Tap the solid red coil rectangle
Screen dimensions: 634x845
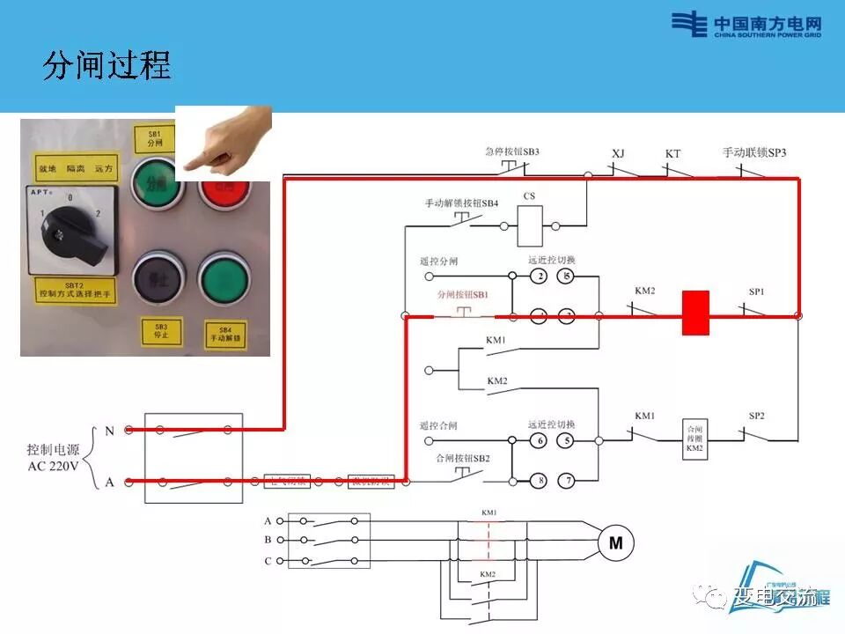click(695, 314)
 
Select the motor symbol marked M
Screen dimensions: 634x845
click(615, 543)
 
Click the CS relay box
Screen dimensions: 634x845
click(530, 225)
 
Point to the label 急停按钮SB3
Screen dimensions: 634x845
click(511, 151)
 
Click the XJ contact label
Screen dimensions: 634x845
click(618, 153)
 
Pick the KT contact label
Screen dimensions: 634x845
click(672, 153)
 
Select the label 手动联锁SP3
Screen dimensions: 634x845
click(754, 152)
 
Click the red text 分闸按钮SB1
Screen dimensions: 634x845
click(463, 296)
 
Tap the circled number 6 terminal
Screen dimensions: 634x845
click(539, 439)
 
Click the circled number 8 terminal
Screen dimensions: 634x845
click(539, 480)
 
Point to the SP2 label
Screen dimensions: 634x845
click(756, 415)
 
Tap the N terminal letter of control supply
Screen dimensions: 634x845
click(109, 431)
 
